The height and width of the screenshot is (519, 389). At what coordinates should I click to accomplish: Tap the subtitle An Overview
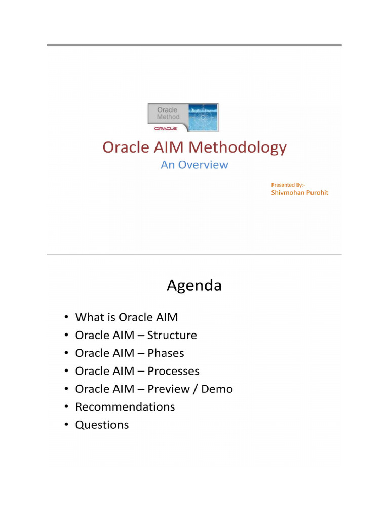[x=194, y=165]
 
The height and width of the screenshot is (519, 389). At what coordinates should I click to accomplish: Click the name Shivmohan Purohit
[x=300, y=192]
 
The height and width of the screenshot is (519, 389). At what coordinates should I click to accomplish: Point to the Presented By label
[x=288, y=185]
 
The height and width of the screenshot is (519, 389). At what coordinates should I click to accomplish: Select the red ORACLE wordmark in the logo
[x=166, y=128]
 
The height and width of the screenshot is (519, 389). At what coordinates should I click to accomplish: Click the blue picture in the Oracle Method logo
[x=203, y=117]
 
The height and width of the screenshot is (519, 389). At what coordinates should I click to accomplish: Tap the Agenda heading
[x=194, y=286]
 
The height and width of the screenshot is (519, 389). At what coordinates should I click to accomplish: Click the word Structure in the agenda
[x=172, y=335]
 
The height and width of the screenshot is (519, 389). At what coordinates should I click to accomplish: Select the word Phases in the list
[x=166, y=353]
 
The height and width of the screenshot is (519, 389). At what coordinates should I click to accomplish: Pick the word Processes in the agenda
[x=173, y=371]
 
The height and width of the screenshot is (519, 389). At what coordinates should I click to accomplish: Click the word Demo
[x=217, y=389]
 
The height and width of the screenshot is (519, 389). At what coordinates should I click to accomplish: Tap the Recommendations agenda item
[x=125, y=407]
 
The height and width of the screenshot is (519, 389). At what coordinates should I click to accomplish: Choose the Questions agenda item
[x=102, y=425]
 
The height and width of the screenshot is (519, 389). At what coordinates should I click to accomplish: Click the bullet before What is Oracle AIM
[x=66, y=317]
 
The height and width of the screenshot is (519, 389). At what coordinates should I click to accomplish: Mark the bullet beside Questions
[x=66, y=425]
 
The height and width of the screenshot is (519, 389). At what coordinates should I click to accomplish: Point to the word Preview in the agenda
[x=169, y=389]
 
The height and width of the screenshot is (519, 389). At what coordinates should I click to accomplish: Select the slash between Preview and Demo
[x=196, y=389]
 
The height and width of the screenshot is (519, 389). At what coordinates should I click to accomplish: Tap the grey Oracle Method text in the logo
[x=168, y=113]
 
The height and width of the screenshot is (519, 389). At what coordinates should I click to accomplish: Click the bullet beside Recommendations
[x=66, y=407]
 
